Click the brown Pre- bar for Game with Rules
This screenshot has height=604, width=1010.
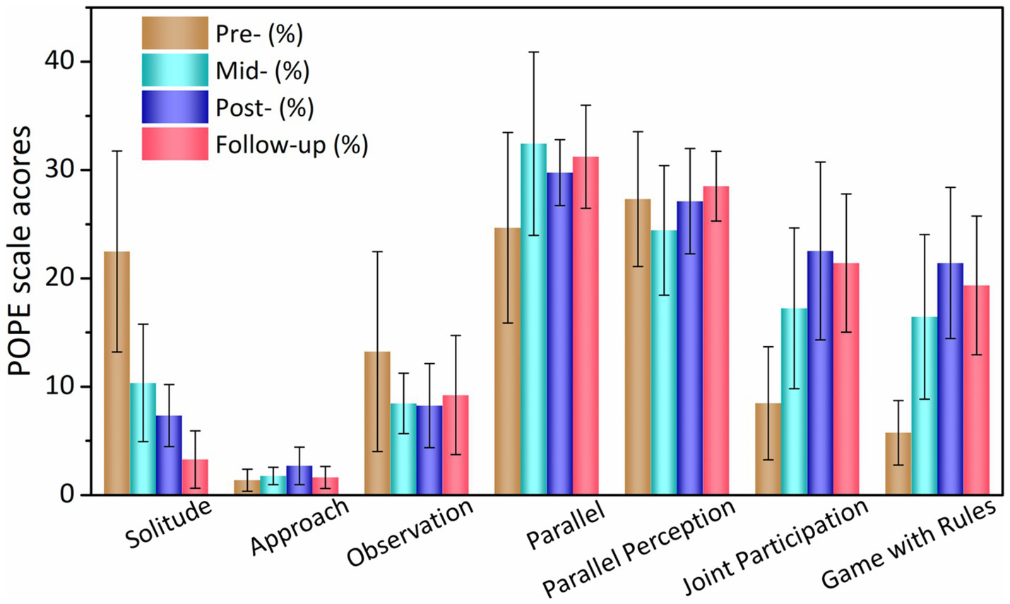coord(898,464)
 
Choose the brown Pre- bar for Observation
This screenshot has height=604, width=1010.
coord(377,423)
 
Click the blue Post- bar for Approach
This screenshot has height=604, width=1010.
coord(299,480)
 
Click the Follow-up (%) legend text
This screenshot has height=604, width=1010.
coord(292,145)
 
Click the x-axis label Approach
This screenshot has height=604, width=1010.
coord(300,526)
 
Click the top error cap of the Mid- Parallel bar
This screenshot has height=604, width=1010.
coord(534,52)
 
